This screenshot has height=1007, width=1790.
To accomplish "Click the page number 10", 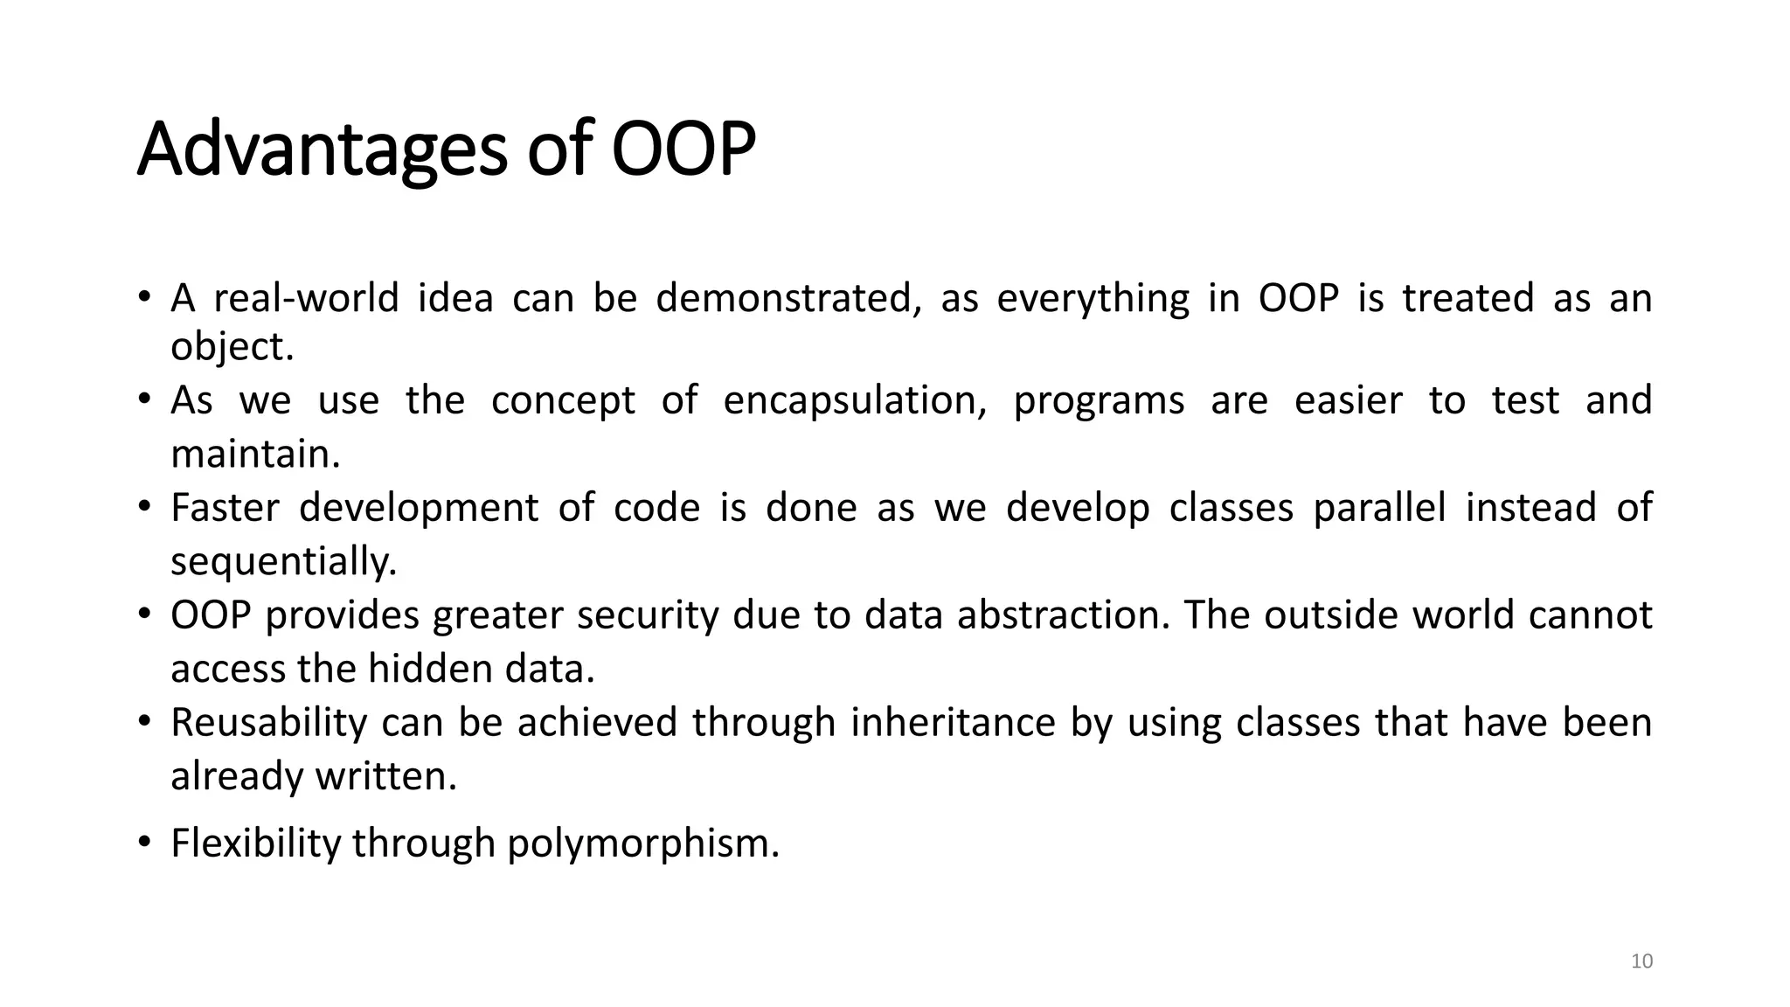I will pos(1641,962).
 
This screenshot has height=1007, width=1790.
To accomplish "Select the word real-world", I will pos(306,298).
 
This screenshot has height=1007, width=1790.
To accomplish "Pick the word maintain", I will pos(254,454).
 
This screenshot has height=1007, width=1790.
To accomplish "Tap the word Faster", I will pos(225,508).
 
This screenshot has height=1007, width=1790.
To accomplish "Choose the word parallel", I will pos(1379,508).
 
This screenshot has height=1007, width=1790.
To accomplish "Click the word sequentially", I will pos(283,561).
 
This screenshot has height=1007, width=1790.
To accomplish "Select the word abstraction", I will pos(1063,615).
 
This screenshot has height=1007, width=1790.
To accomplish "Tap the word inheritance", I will pos(953,723).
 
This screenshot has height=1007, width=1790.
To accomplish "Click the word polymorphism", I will pos(642,844).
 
